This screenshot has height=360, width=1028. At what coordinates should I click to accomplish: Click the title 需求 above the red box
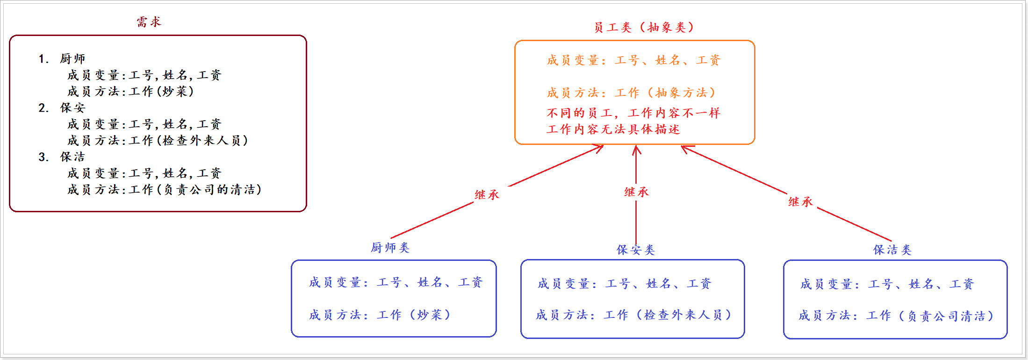click(x=149, y=22)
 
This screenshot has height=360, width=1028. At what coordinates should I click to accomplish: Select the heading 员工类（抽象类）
click(x=644, y=28)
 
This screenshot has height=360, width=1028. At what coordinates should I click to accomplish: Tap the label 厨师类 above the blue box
click(x=390, y=248)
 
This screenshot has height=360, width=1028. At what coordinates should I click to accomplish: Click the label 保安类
click(x=635, y=250)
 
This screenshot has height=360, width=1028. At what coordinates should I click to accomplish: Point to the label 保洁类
click(x=892, y=250)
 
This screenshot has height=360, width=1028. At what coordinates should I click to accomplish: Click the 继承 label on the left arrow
click(x=487, y=195)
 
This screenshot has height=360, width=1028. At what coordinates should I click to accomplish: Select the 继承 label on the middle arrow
click(x=636, y=192)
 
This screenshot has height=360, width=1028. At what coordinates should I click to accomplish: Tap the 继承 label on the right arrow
click(x=800, y=202)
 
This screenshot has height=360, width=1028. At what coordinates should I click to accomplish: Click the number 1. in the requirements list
click(x=43, y=59)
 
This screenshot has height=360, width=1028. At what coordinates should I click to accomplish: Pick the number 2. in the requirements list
click(x=43, y=108)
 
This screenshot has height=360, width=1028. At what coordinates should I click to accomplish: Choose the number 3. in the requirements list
click(x=43, y=157)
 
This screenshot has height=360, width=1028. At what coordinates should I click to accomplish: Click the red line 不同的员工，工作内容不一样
click(x=633, y=113)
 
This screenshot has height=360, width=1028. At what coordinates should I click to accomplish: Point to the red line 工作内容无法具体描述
click(x=613, y=130)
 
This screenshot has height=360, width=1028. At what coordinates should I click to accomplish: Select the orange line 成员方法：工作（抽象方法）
click(x=631, y=93)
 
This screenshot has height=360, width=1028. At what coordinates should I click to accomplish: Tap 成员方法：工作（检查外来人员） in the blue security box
click(x=633, y=315)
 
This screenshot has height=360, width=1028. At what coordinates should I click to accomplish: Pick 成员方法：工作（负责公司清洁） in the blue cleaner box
click(x=896, y=316)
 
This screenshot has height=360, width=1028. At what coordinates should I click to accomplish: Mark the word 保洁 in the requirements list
click(x=72, y=157)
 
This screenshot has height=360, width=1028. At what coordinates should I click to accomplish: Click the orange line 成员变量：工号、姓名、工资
click(x=633, y=60)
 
